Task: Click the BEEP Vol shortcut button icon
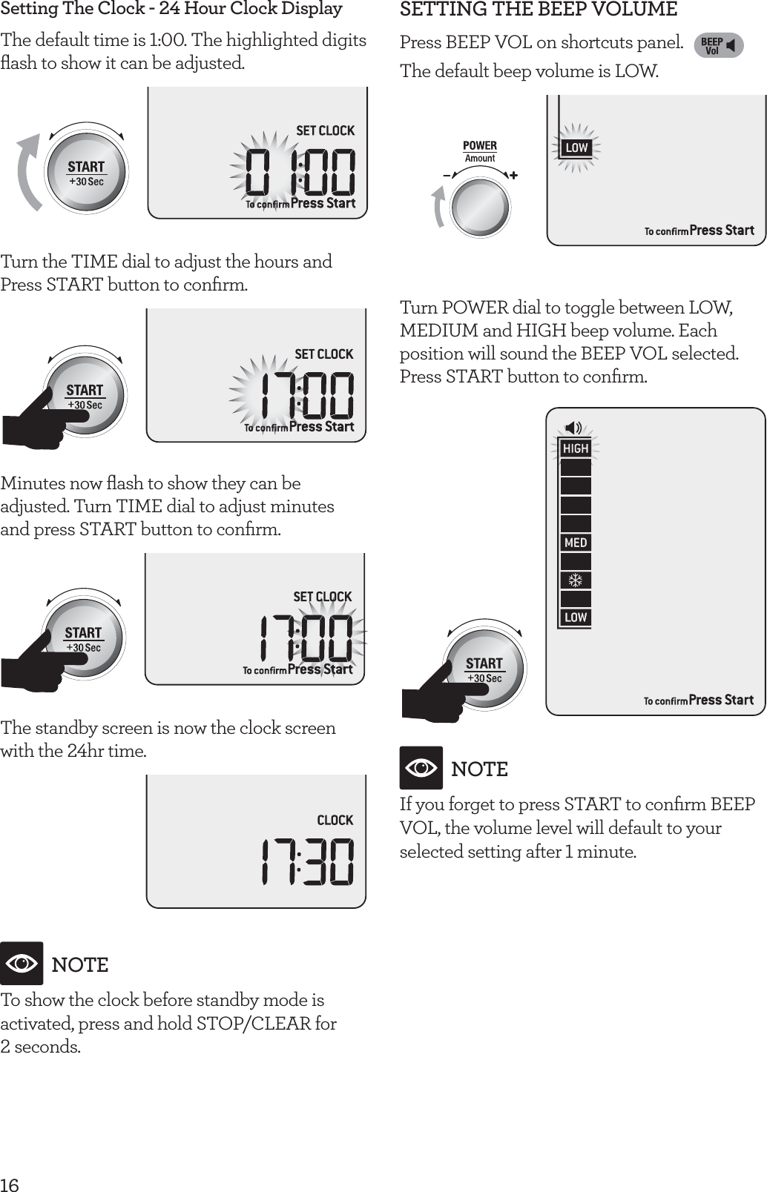[x=718, y=46]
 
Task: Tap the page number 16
[x=10, y=1184]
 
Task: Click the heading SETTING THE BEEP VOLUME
[x=539, y=10]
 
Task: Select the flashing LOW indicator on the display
[x=576, y=148]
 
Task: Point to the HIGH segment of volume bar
[x=576, y=448]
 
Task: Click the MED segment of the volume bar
[x=576, y=543]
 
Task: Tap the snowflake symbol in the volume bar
[x=576, y=580]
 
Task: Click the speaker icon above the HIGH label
[x=573, y=428]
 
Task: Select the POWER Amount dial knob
[x=481, y=206]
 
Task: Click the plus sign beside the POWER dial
[x=513, y=176]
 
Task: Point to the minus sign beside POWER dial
[x=447, y=176]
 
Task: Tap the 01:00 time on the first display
[x=300, y=172]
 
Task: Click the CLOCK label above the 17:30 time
[x=335, y=820]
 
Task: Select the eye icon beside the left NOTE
[x=22, y=964]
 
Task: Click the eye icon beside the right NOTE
[x=421, y=768]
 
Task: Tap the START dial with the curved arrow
[x=86, y=172]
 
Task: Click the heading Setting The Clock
[x=171, y=9]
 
